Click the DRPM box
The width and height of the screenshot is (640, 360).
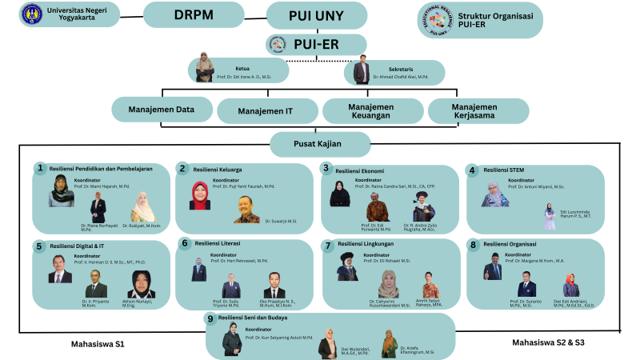pos(193,14)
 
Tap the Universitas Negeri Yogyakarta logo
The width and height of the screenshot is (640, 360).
pos(32,14)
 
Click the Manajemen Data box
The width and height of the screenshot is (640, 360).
pos(162,110)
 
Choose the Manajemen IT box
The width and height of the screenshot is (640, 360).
pos(266,111)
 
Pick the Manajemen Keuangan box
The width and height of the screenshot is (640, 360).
pos(370,110)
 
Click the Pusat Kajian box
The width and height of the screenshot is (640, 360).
pos(320,144)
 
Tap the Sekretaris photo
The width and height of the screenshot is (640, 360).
pos(361,70)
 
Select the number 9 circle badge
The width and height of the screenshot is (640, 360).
pos(210,318)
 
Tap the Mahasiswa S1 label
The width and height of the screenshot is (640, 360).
pos(98,344)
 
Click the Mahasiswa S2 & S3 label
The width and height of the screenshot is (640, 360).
pos(548,342)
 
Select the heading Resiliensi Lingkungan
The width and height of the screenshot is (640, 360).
pos(366,244)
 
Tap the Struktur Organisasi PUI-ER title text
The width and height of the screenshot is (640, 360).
pos(487,19)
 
